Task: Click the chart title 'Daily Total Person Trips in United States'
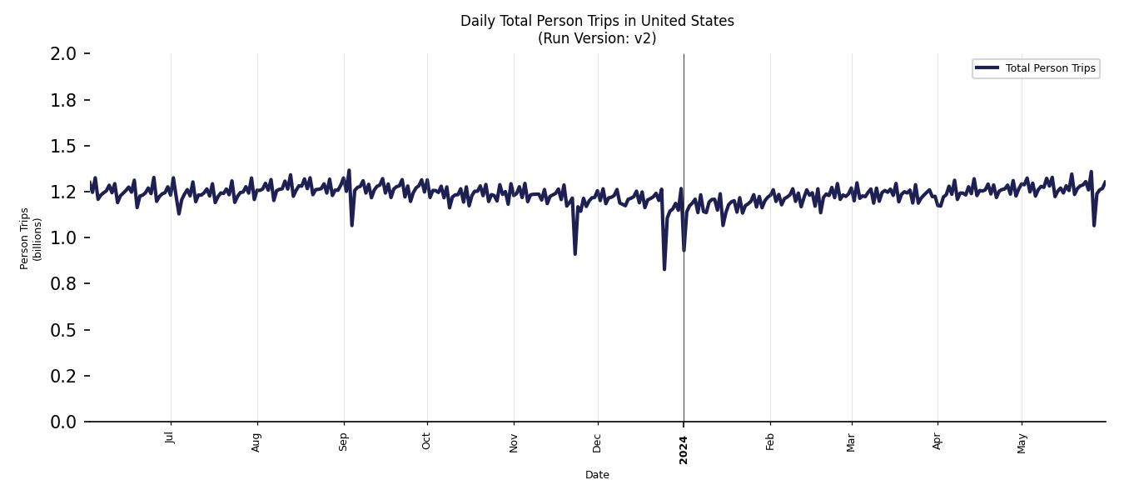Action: tap(597, 21)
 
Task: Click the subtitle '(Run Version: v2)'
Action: tap(597, 38)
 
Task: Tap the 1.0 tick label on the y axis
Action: tap(64, 238)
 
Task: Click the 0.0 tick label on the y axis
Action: tap(64, 422)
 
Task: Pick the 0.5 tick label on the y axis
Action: tap(64, 331)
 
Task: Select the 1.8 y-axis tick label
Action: tap(64, 100)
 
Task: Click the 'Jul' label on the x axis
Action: tap(171, 437)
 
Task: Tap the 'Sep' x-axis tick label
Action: tap(343, 440)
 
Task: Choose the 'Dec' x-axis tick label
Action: tap(598, 440)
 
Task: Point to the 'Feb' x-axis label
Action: tap(770, 440)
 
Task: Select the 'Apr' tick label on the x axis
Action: tap(937, 440)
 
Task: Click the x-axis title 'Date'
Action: tap(597, 475)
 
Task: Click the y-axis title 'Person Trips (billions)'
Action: tap(30, 237)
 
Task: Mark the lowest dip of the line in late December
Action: tap(664, 268)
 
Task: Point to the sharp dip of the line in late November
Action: tap(574, 253)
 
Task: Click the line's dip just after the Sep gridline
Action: tap(352, 225)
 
